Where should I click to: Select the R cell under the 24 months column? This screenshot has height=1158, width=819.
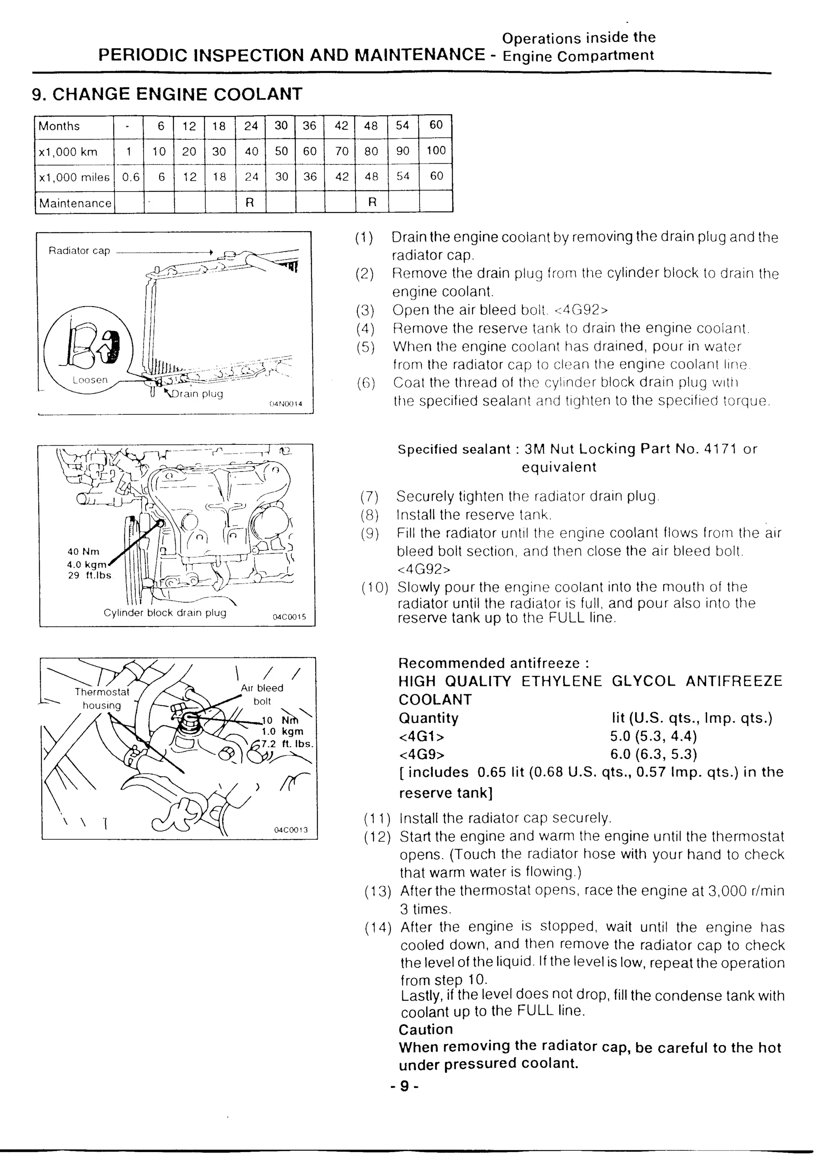pos(250,203)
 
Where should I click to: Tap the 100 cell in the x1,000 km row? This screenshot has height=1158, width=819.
pos(436,151)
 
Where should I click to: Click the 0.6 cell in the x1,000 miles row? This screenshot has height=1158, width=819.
pos(131,177)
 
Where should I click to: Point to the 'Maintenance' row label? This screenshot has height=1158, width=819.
pos(75,203)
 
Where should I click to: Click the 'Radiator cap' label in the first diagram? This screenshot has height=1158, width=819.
pos(79,251)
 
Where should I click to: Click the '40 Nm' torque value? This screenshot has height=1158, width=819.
pos(84,552)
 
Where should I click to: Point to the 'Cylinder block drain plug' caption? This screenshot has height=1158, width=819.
pos(165,613)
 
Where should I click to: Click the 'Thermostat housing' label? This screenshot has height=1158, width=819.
pos(102,698)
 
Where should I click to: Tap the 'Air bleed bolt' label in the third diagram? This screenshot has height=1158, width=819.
pos(262,694)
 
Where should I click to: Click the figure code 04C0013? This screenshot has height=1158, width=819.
pos(291,830)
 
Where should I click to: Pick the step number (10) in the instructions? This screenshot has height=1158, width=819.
pos(375,588)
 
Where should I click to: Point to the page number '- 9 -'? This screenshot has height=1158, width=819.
pos(404,1086)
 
